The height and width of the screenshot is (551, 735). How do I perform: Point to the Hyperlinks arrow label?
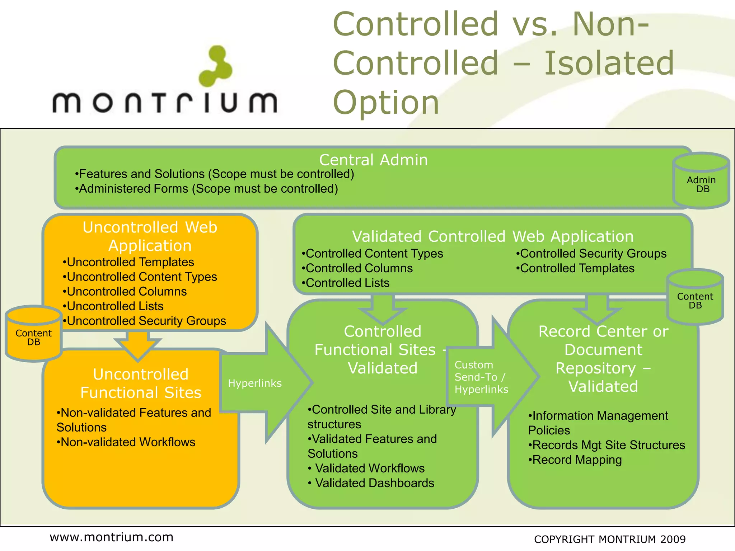(x=255, y=383)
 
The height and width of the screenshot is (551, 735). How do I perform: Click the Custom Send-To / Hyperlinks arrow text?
(x=481, y=377)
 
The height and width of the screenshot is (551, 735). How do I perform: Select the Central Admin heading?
(x=373, y=160)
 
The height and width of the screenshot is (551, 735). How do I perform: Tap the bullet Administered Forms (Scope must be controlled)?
(x=206, y=189)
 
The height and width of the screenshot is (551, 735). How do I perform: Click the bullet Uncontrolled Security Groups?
(x=144, y=321)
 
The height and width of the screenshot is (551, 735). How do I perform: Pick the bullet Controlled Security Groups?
(x=591, y=254)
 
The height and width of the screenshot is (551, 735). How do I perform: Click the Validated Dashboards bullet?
(x=371, y=483)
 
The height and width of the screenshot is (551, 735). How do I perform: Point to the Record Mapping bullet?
(x=575, y=460)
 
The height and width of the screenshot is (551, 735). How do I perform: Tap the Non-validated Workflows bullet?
(x=126, y=442)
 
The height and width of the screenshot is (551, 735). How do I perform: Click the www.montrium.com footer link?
(x=111, y=537)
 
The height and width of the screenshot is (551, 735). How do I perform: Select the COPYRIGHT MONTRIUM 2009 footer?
(x=609, y=539)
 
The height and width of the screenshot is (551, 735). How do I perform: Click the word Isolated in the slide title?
(x=609, y=63)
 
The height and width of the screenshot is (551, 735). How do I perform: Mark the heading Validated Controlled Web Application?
(x=492, y=237)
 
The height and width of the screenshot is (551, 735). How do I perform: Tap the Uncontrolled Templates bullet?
(x=128, y=262)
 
